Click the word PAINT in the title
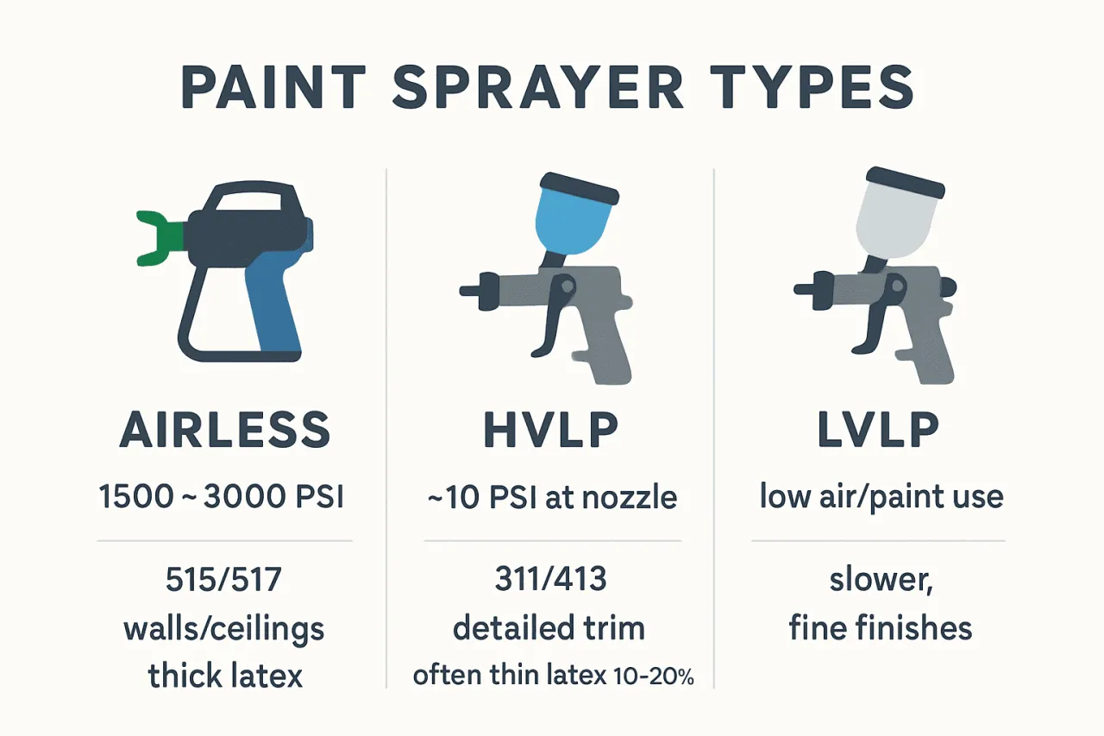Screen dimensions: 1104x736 pos(273,87)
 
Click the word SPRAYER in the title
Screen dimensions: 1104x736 pos(538,87)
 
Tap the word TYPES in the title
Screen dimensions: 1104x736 pos(812,87)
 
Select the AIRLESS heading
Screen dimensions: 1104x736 pos(225,430)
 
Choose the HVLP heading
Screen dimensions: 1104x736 pos(551,430)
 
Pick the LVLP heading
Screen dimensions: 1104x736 pos(878,430)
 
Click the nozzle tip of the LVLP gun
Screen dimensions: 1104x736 pos(803,289)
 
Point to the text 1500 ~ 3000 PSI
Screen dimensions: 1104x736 pos(222,496)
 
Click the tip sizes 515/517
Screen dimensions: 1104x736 pos(223,579)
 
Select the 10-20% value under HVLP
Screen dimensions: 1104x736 pos(654,676)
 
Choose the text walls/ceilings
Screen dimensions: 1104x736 pos(223,631)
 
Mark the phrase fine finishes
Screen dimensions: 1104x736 pos(881,627)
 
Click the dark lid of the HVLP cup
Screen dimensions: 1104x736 pos(579,189)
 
